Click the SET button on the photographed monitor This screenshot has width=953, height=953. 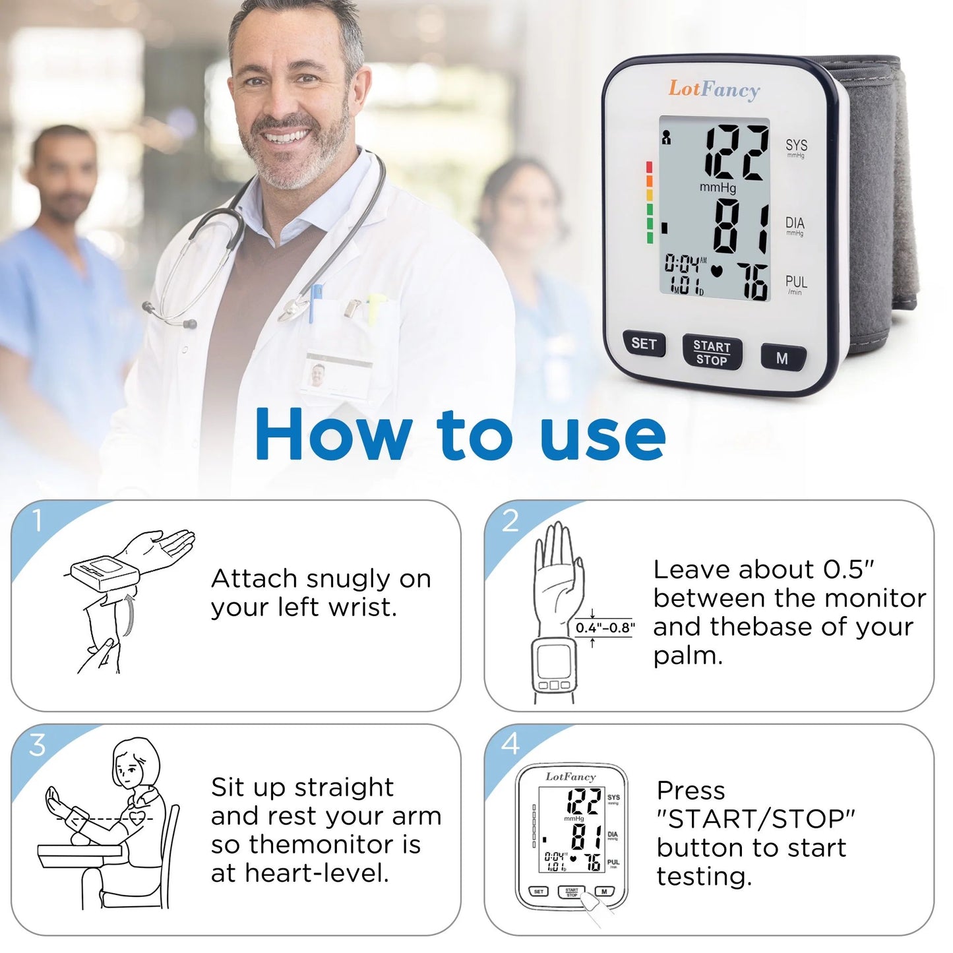pos(644,344)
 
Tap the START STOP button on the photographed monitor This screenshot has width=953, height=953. pos(712,353)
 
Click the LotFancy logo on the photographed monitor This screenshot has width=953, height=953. pos(714,89)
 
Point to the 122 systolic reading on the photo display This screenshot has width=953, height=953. pos(736,153)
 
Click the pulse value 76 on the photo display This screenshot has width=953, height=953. pos(752,282)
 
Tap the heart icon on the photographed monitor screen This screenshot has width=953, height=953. pos(718,270)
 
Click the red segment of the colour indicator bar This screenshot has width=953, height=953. pos(650,166)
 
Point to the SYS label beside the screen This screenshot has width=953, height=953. pos(796,145)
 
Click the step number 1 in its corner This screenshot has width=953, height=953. pos(38,521)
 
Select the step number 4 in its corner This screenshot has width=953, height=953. pos(510,745)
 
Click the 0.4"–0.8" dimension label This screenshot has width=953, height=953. pos(605,628)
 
